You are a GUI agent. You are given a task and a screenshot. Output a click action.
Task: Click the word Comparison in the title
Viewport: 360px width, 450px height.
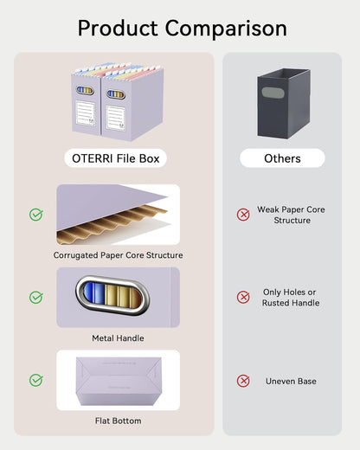tap(226, 29)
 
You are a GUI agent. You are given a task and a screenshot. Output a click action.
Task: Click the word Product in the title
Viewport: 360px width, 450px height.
tap(118, 29)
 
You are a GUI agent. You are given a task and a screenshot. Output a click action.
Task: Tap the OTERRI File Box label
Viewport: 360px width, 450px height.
tap(116, 158)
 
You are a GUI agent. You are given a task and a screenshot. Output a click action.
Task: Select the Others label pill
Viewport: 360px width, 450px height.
tap(282, 158)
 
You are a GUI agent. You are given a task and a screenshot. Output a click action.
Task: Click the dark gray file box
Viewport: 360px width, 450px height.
tap(284, 103)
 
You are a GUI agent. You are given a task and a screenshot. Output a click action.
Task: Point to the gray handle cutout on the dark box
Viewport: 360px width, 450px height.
tap(273, 93)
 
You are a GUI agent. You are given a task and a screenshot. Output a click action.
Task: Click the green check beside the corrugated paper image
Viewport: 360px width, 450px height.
tap(36, 215)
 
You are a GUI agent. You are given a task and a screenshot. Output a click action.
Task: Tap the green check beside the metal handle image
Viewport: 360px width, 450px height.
tap(36, 298)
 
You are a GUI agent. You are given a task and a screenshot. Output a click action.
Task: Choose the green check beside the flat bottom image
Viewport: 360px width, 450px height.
tap(36, 380)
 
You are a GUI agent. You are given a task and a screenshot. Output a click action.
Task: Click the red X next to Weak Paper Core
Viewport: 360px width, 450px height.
tap(243, 215)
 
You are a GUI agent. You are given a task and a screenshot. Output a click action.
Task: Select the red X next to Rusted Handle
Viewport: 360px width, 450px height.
tap(243, 297)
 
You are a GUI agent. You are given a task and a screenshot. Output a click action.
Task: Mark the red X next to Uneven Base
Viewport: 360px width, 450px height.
tap(243, 381)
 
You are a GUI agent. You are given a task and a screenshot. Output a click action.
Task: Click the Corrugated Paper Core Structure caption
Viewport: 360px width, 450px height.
tap(118, 255)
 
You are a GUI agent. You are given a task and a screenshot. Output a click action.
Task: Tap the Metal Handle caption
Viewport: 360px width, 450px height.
tap(118, 338)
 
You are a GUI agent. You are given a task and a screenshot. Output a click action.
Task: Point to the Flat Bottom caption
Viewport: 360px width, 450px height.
tap(119, 421)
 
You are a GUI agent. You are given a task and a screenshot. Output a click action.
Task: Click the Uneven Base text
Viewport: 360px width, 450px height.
tap(291, 381)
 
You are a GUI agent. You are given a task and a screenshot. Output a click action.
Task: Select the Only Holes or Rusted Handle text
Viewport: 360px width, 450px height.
tap(291, 298)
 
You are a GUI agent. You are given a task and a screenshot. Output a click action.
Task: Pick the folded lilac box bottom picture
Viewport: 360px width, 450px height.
tap(119, 381)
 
